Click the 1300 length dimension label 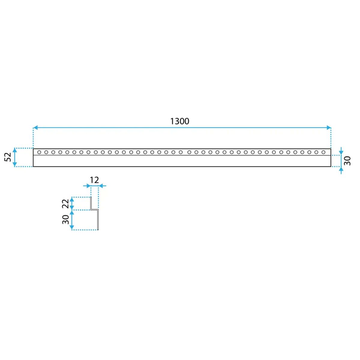(x=180, y=121)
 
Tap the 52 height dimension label (x=8, y=157)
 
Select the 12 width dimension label (x=94, y=180)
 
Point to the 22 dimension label (x=65, y=204)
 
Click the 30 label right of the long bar (x=347, y=160)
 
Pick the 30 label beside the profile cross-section (x=66, y=220)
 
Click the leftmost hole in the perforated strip (x=39, y=152)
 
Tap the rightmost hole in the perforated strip (x=323, y=152)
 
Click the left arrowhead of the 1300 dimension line (x=35, y=128)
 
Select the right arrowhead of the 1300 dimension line (x=328, y=128)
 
